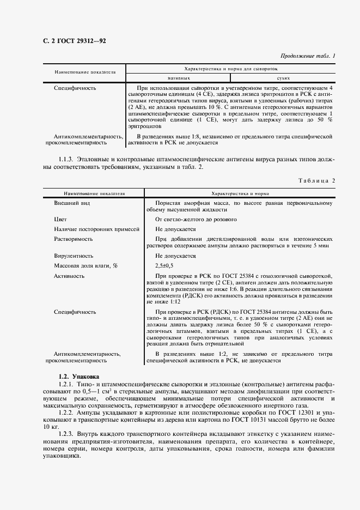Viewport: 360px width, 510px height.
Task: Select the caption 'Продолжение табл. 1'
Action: (308, 56)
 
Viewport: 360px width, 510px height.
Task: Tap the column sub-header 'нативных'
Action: (179, 78)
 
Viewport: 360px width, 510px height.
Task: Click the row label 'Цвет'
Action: (61, 219)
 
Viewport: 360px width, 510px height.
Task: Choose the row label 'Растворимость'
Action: (74, 239)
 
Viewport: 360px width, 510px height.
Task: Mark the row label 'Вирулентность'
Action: (74, 256)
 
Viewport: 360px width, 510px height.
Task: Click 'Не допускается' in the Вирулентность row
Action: (175, 256)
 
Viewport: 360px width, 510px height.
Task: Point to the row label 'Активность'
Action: (69, 276)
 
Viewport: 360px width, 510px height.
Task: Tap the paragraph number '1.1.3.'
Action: (68, 159)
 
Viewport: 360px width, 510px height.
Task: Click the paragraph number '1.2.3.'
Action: (68, 434)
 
